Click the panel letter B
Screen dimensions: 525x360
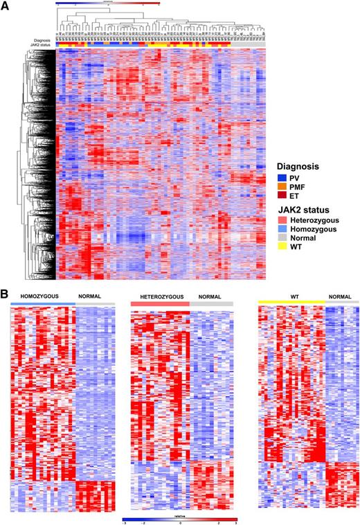5,294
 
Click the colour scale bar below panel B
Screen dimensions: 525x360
179,518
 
